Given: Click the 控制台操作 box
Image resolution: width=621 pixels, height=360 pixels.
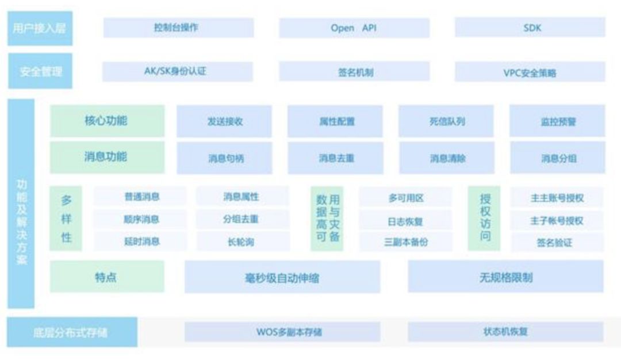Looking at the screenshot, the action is pos(178,28).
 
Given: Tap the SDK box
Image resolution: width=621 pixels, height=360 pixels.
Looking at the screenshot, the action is pos(530,28).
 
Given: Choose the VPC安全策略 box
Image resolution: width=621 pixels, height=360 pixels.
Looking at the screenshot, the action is pos(530,72).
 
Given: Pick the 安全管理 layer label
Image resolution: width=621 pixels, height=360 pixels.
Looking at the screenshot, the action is pos(40,71).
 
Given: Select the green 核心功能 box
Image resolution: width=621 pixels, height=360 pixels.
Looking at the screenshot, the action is pos(106,121).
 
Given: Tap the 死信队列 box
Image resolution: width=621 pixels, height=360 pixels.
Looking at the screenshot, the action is pos(446,121).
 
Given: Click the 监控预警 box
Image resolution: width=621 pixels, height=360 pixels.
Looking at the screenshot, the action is pos(557,121).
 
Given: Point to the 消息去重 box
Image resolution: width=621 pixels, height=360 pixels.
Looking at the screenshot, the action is pos(336,158).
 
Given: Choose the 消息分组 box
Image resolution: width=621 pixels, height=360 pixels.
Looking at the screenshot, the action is pos(557,158).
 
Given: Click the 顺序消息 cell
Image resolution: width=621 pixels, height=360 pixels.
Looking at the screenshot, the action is pos(141,219).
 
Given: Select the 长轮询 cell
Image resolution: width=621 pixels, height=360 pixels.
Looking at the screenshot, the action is pos(241,242).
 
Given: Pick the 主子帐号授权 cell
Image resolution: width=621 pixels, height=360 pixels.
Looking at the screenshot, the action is pos(556,220).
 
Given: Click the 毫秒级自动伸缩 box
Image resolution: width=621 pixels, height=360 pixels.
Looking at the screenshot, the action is pos(282,278).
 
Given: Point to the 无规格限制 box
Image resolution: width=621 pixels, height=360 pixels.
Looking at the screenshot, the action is pos(505,277).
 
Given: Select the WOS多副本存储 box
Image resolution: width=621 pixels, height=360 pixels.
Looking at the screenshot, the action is pos(282,332).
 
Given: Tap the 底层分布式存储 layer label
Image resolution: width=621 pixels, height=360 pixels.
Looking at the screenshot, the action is pos(72,332).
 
